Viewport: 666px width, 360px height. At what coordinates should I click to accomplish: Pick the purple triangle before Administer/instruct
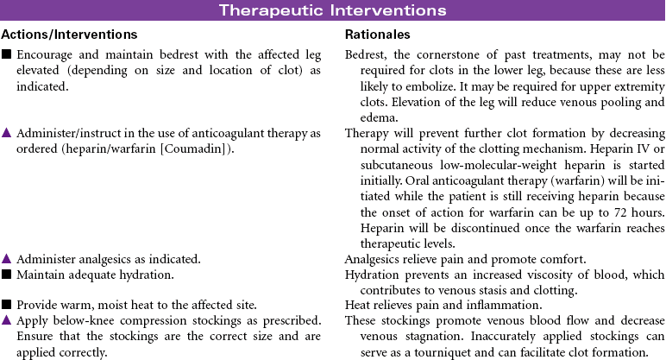7,133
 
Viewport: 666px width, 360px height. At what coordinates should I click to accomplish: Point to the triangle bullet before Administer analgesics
7,258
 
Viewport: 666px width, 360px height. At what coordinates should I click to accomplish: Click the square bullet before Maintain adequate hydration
7,275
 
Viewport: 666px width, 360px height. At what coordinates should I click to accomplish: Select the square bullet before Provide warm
7,306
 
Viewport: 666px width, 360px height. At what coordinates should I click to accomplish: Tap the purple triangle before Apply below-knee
7,321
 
